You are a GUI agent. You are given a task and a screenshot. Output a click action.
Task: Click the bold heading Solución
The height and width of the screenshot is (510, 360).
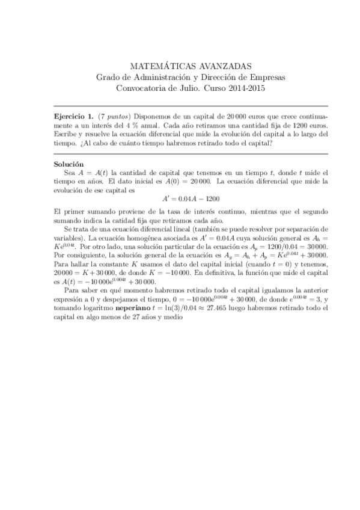pos(69,164)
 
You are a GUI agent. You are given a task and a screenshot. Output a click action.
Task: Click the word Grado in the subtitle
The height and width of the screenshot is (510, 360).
pos(109,77)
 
